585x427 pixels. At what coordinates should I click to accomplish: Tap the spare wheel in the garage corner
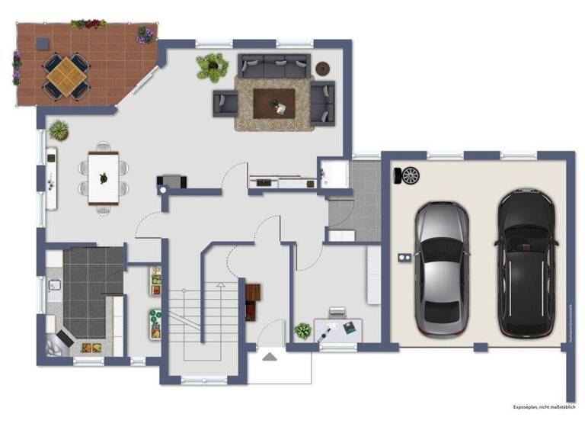tap(411, 175)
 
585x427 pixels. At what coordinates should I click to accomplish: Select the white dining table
tap(104, 177)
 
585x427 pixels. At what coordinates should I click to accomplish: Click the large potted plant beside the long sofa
tap(213, 66)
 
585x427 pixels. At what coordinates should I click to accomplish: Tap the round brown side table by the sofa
tap(323, 66)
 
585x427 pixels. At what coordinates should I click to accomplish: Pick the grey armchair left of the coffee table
tap(224, 101)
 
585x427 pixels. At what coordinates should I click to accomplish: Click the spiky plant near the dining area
tap(59, 130)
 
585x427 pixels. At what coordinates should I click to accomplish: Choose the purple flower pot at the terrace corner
tap(145, 34)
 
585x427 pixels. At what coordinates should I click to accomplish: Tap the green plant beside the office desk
tap(303, 331)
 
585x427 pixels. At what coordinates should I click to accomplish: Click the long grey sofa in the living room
tap(273, 66)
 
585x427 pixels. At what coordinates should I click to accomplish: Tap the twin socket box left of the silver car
tap(404, 258)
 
